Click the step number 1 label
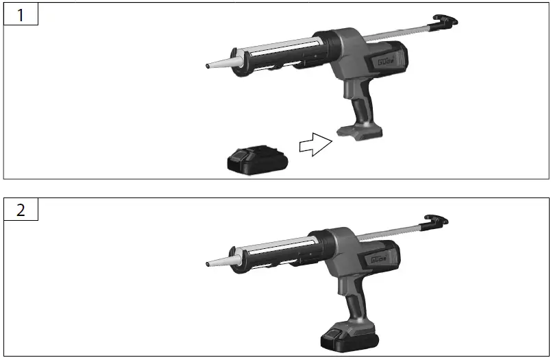21,14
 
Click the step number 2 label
21,210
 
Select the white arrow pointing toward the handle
315,145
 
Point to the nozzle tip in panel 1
208,67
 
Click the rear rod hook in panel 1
446,21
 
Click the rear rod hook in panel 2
437,221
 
